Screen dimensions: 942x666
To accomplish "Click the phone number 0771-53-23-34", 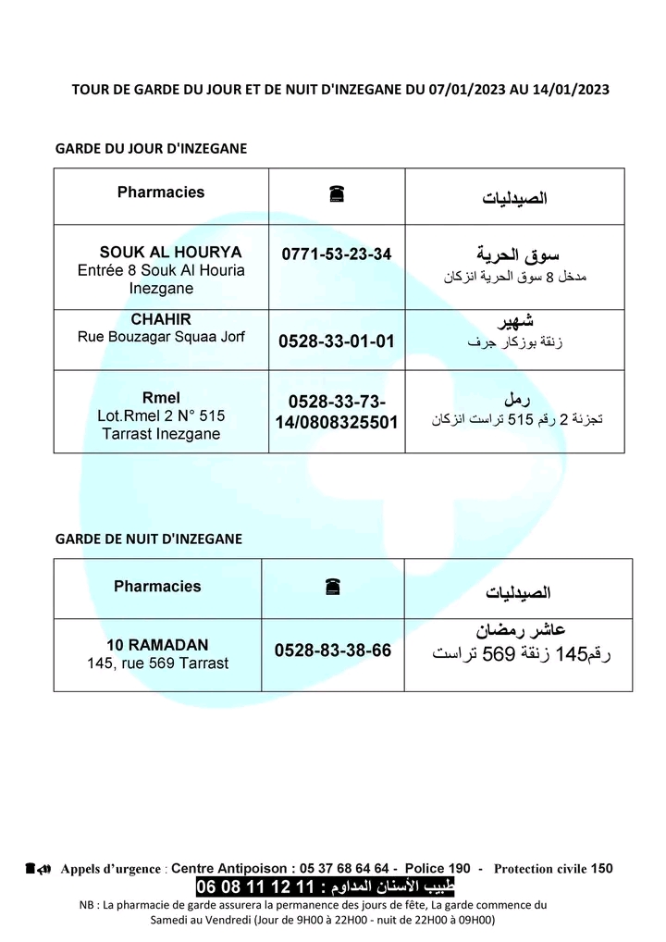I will click(x=336, y=254).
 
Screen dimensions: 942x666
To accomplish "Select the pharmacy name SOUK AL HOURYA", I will click(x=170, y=252).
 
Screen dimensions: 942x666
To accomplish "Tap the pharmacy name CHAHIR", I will click(x=161, y=320).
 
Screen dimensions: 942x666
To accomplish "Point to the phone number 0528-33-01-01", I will click(x=336, y=341).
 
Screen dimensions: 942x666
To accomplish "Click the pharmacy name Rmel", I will click(x=161, y=399).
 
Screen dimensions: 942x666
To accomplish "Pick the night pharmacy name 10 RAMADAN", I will click(x=157, y=645).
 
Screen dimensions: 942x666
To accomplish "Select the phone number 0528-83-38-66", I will click(x=333, y=651).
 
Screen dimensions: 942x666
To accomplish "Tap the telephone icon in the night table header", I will click(x=333, y=587).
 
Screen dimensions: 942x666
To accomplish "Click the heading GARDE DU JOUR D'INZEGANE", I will click(x=152, y=148).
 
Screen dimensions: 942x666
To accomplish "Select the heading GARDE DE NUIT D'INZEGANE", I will click(x=149, y=539).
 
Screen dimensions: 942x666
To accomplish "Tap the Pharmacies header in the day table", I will click(x=161, y=192).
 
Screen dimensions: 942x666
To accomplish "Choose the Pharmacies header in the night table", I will click(x=157, y=586).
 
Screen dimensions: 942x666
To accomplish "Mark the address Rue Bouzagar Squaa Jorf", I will click(x=161, y=337).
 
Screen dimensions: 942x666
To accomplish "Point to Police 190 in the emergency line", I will click(x=438, y=868).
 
